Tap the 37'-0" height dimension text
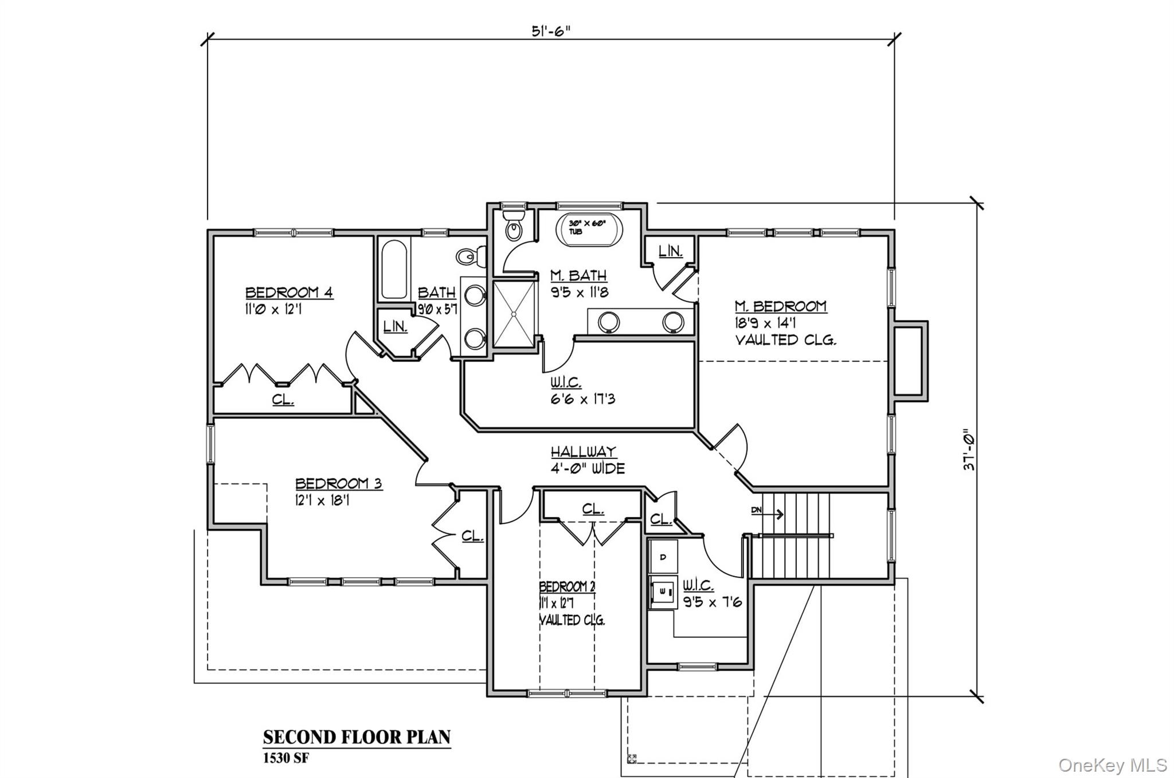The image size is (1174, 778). click(968, 450)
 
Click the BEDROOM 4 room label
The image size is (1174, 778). click(289, 293)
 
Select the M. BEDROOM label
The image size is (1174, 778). click(780, 306)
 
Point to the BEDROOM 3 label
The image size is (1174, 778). click(338, 484)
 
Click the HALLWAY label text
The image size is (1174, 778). click(584, 452)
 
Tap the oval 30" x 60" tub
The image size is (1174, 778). click(588, 230)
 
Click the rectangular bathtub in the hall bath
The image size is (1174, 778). click(394, 269)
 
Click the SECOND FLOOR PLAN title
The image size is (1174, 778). click(357, 737)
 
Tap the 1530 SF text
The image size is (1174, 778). click(285, 758)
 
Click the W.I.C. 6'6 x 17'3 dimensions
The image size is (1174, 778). click(583, 399)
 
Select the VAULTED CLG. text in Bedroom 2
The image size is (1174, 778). click(572, 620)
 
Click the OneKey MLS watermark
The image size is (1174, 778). click(1112, 765)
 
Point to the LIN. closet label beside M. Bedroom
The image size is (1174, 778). click(670, 251)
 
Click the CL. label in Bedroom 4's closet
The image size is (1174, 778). click(283, 399)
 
